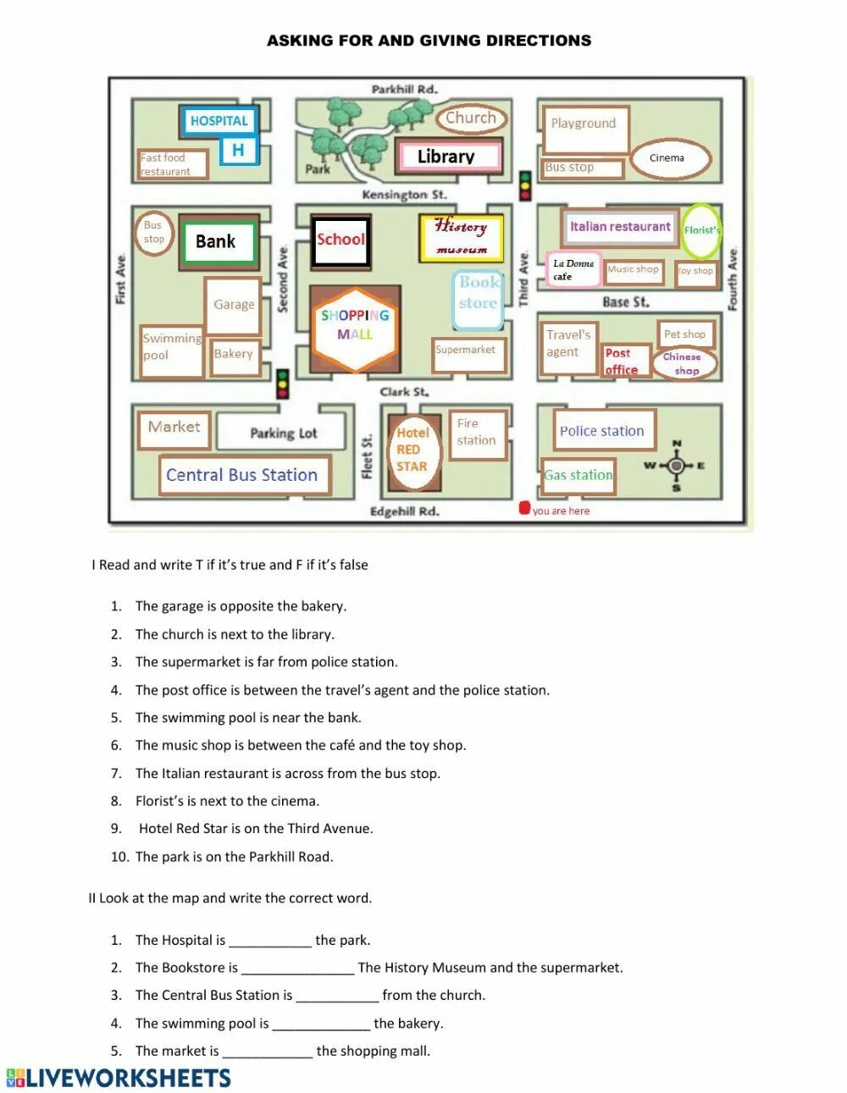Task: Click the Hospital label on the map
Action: [219, 121]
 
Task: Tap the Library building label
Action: [446, 156]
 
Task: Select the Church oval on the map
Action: [470, 118]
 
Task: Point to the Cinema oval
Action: [667, 157]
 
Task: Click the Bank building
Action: [216, 242]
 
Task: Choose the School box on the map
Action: [340, 240]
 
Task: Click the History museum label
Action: [461, 237]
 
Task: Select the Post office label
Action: [623, 361]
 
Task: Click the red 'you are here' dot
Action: [524, 509]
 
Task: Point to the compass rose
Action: [675, 466]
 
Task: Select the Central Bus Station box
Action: [242, 475]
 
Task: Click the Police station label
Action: [601, 431]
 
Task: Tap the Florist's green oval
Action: [701, 230]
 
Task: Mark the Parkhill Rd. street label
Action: [404, 89]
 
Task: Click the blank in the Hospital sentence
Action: [270, 941]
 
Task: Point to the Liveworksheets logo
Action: [119, 1078]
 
